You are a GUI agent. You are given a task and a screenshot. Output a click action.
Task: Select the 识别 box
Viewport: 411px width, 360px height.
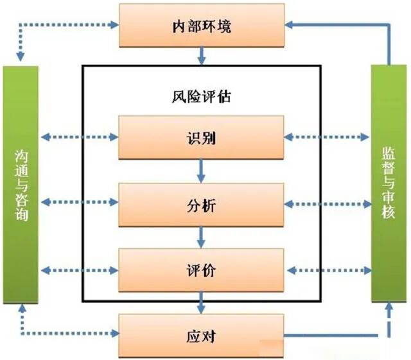(201, 137)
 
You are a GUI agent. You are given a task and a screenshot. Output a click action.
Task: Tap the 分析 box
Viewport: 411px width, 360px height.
(201, 204)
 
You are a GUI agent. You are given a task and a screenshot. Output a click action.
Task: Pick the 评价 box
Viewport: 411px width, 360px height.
(201, 270)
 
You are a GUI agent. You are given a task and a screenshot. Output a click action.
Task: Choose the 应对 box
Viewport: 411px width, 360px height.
(201, 335)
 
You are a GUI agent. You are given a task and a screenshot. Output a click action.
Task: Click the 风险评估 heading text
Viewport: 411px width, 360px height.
(201, 98)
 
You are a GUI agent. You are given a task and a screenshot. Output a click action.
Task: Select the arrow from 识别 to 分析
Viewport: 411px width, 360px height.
(201, 171)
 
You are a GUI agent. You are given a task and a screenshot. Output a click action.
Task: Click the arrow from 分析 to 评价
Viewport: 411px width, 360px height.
(201, 237)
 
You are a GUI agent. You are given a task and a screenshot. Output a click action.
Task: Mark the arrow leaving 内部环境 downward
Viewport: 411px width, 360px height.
(201, 56)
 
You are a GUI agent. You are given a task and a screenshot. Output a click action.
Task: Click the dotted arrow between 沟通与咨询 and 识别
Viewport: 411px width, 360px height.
(78, 137)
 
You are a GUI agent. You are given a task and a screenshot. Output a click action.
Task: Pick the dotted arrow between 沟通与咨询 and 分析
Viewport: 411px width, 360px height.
(78, 204)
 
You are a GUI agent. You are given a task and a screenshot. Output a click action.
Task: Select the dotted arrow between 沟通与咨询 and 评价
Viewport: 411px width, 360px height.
(78, 270)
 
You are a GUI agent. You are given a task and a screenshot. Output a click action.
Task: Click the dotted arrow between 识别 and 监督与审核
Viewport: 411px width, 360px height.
(328, 137)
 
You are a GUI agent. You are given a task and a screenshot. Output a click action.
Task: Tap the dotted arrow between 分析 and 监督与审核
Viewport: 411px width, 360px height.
(328, 204)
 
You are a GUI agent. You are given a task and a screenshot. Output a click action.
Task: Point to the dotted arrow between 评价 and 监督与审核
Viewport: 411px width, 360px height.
(328, 270)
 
